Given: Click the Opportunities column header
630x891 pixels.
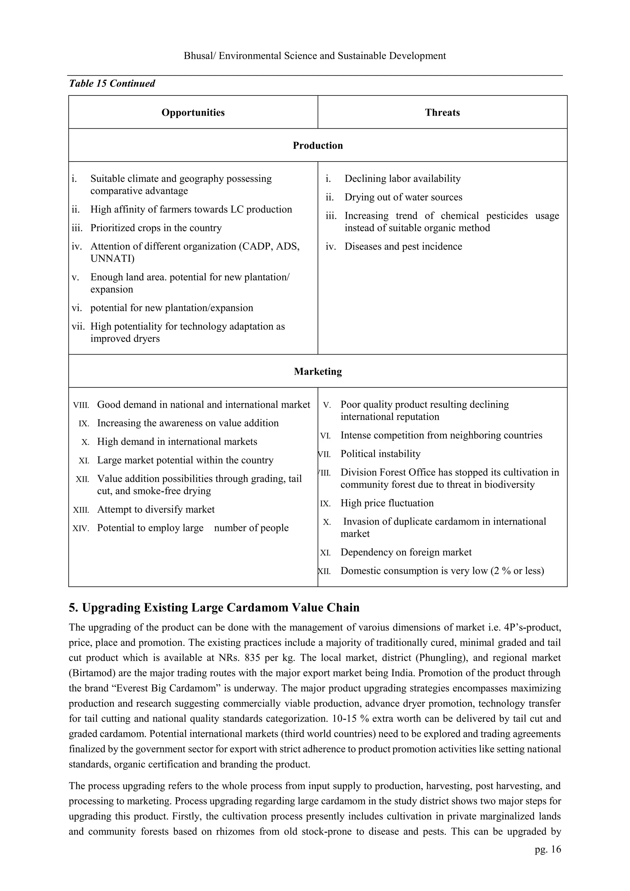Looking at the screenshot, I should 193,113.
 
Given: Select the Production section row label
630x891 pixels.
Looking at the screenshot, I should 317,146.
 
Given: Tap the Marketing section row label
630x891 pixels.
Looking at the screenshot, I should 317,371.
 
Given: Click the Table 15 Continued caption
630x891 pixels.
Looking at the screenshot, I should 112,83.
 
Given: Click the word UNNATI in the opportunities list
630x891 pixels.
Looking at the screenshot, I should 112,259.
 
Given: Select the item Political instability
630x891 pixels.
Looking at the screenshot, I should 380,454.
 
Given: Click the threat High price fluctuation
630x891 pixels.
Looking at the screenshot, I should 387,503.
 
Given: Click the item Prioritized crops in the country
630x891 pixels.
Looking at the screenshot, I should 156,228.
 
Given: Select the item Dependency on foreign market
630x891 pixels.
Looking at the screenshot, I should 406,552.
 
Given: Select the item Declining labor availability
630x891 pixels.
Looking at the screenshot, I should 402,179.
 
